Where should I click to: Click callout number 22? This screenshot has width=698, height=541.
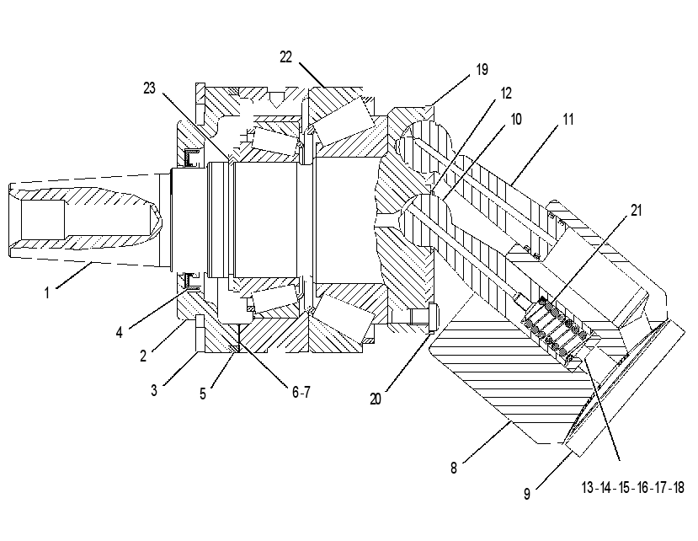[x=285, y=57]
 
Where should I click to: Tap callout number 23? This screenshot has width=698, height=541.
[x=150, y=88]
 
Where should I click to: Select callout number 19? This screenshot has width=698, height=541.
[x=482, y=69]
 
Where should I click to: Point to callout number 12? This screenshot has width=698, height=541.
[x=506, y=94]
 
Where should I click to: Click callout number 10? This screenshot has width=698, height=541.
[x=516, y=119]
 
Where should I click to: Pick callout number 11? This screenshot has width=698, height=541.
[x=568, y=119]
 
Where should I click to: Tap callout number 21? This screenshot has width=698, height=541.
[x=637, y=210]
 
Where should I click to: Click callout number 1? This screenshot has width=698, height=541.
[x=47, y=292]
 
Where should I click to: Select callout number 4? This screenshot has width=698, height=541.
[x=119, y=332]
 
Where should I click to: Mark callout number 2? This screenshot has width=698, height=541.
[x=143, y=356]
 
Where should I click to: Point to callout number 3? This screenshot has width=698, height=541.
[x=154, y=390]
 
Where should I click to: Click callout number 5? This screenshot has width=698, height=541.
[x=203, y=394]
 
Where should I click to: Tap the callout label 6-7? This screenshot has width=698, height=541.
[x=301, y=392]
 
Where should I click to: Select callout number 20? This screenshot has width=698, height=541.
[x=376, y=399]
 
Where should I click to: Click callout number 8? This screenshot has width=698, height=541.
[x=454, y=468]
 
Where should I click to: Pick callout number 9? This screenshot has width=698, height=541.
[x=527, y=494]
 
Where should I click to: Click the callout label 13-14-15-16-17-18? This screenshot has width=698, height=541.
[x=632, y=488]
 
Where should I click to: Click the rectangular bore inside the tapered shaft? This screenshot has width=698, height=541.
[x=43, y=219]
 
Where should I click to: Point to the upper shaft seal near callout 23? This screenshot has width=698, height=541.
[x=192, y=158]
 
